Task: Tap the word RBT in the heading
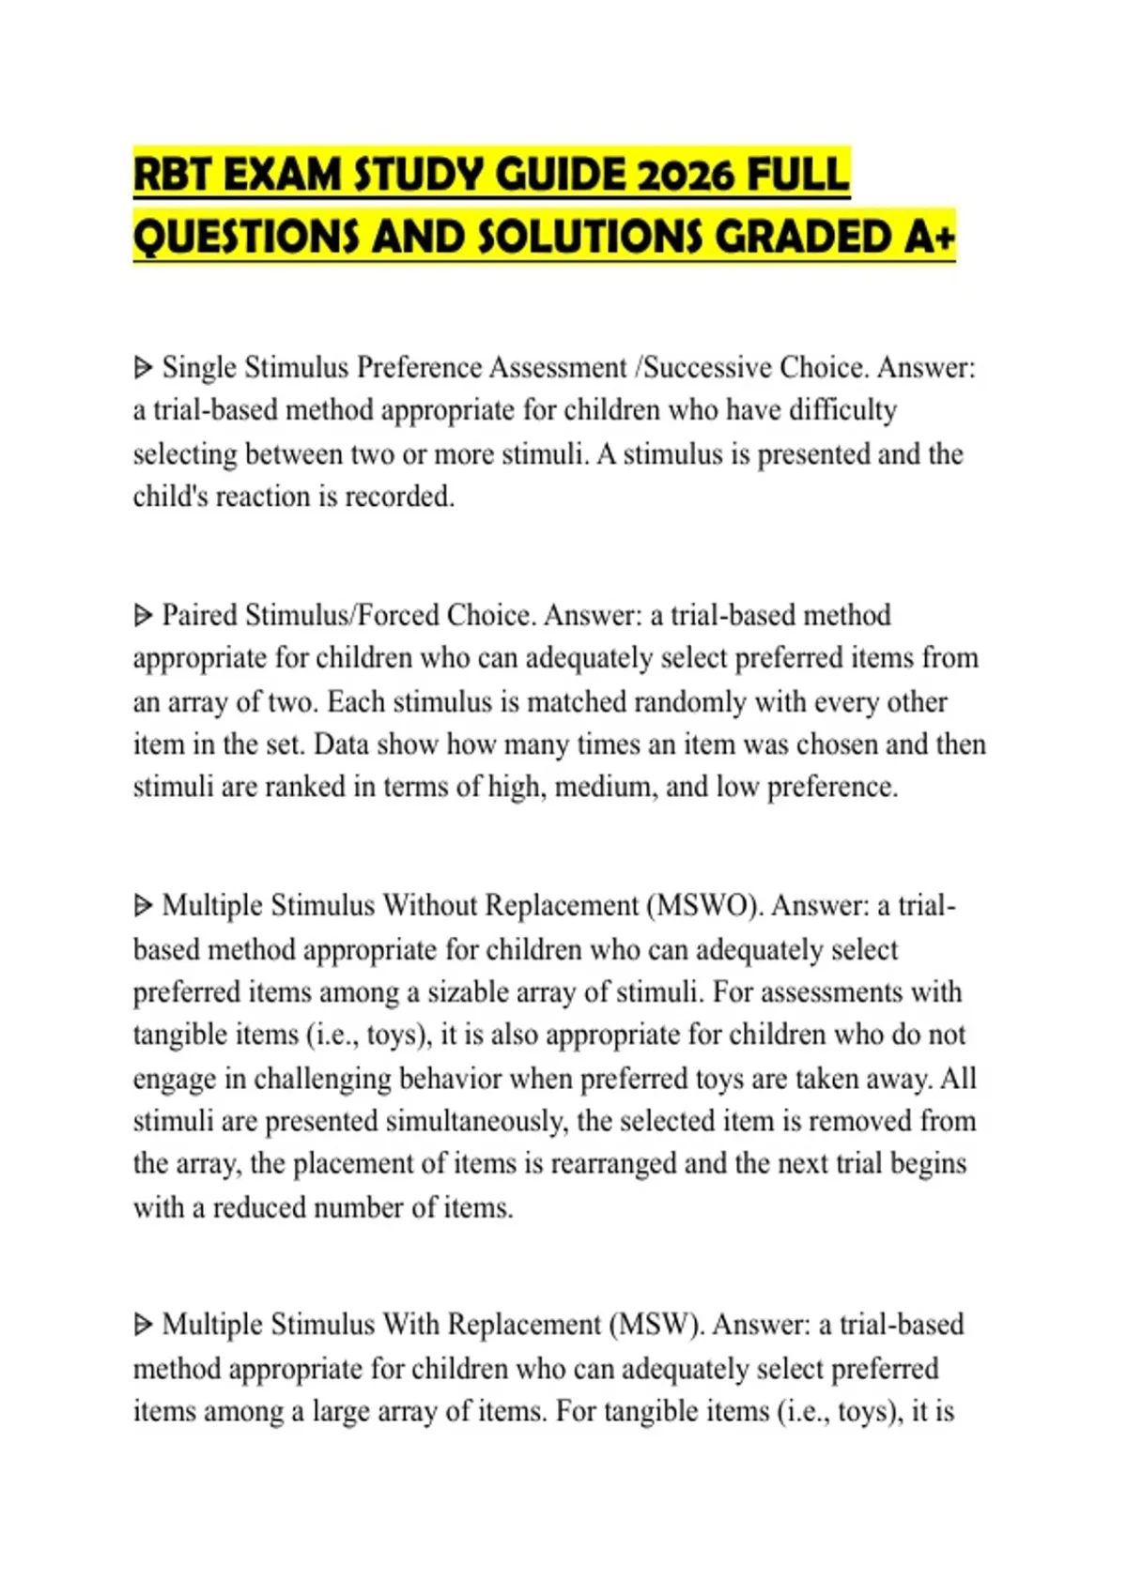(174, 176)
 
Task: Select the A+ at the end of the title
(930, 237)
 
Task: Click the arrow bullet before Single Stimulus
(143, 367)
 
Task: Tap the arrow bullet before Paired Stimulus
(143, 616)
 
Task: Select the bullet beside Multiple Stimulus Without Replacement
(143, 906)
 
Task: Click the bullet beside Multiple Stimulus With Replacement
(143, 1325)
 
